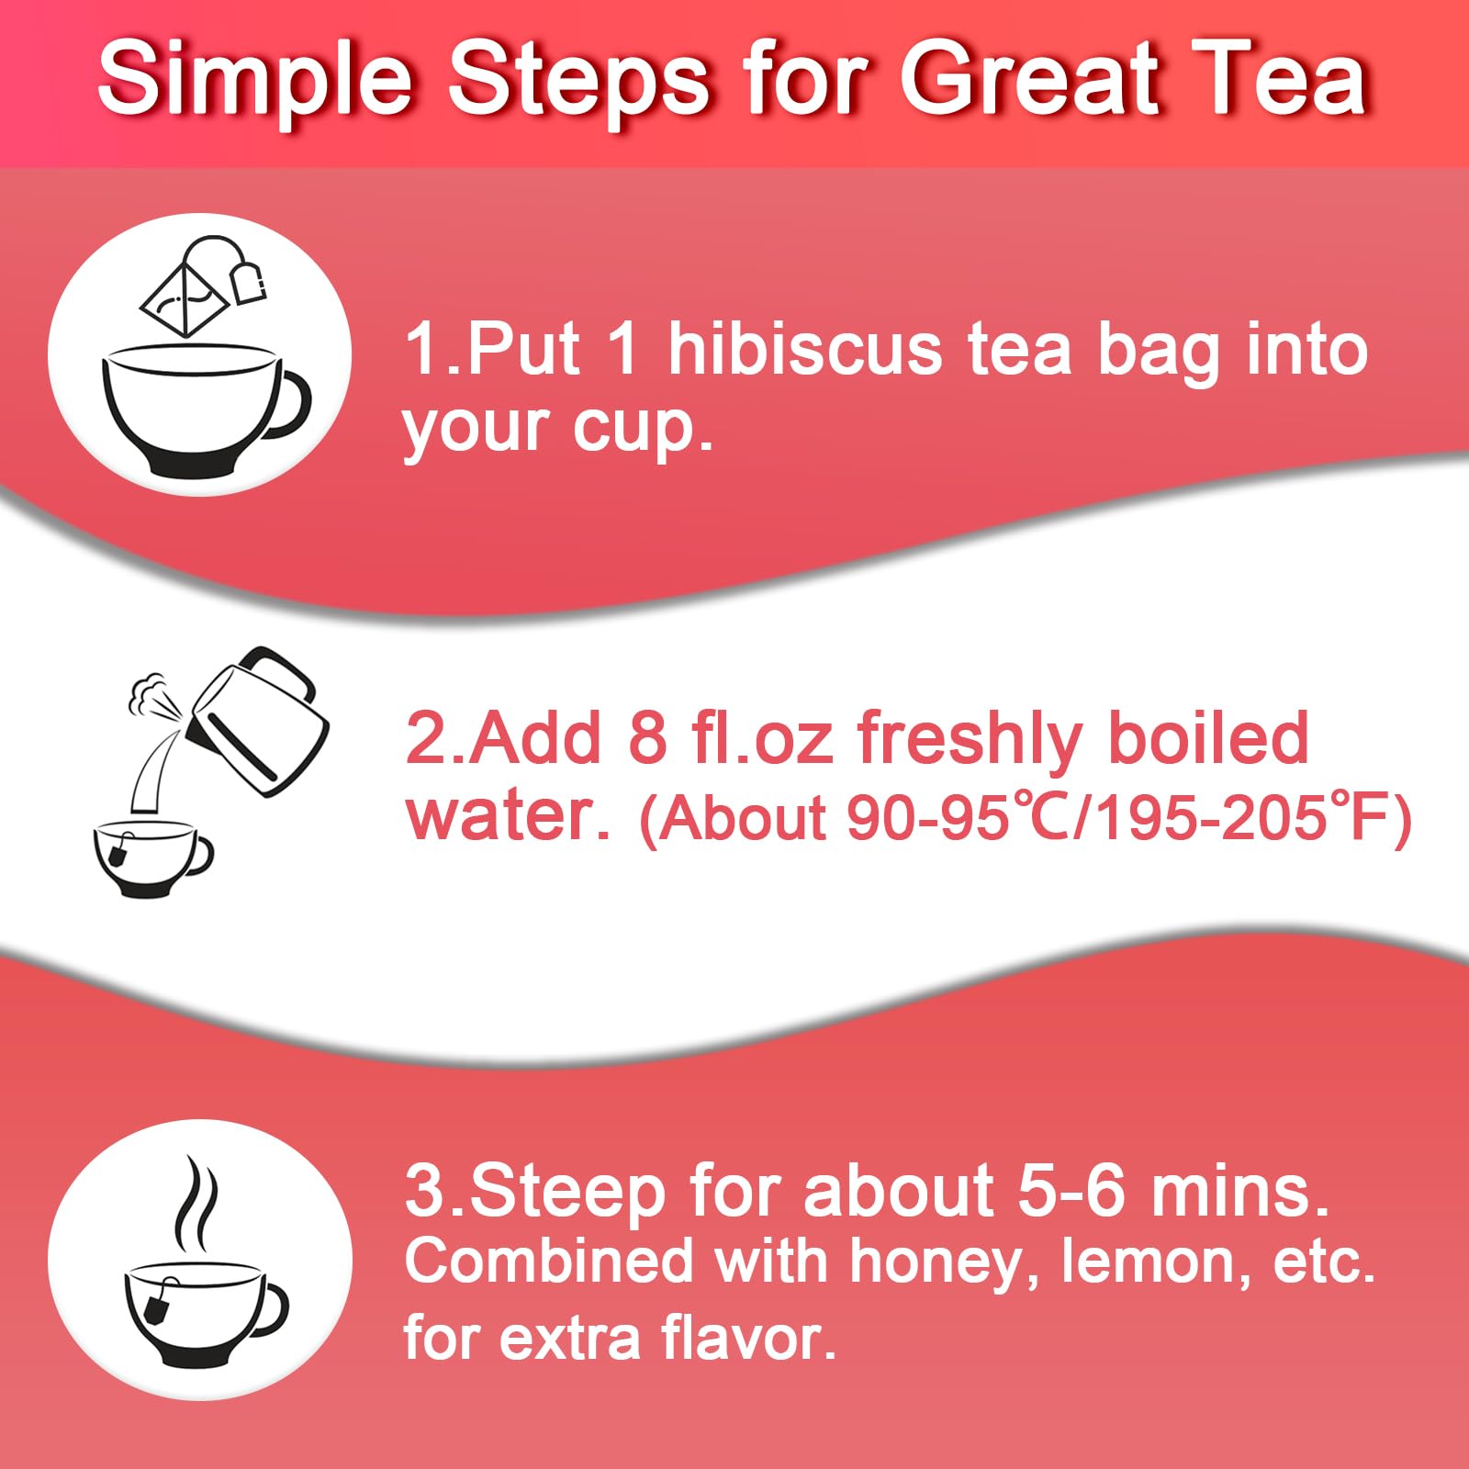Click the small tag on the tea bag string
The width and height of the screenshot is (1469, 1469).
(x=248, y=281)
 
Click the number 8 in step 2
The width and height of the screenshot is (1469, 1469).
(x=647, y=738)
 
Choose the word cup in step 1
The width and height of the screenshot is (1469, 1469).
(x=643, y=428)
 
